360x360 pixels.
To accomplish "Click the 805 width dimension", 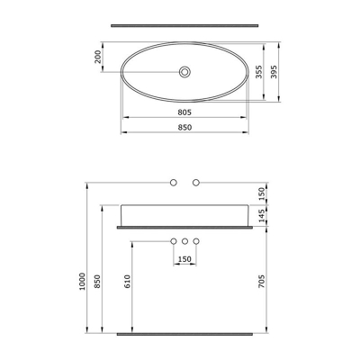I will (x=183, y=112).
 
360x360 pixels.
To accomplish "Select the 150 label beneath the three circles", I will (x=184, y=261).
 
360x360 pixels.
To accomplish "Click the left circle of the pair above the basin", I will (x=174, y=184).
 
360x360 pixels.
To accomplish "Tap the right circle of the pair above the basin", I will (x=195, y=184).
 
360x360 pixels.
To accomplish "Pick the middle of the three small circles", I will (x=184, y=241).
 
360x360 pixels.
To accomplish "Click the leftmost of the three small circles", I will (x=174, y=241).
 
